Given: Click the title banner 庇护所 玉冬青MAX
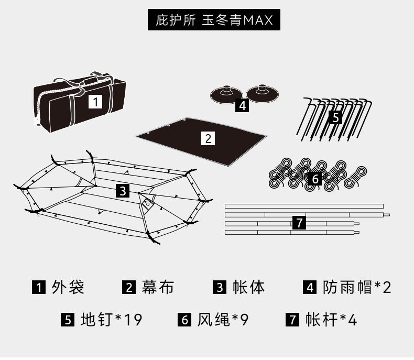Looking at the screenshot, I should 214,20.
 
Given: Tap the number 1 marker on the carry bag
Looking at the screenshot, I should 95,101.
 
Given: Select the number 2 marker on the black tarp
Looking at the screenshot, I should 208,138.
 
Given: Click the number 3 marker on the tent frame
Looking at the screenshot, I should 122,191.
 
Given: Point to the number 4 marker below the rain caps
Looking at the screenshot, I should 242,105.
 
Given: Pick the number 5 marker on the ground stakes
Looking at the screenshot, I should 336,117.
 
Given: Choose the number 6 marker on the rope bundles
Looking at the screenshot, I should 315,179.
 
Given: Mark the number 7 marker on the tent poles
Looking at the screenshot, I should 299,223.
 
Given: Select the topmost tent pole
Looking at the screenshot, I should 304,206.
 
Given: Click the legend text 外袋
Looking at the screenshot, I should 68,287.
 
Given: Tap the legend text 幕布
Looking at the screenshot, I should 158,287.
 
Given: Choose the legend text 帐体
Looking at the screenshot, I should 248,287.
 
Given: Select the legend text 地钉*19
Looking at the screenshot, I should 112,320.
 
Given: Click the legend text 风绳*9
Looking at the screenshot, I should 223,320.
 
